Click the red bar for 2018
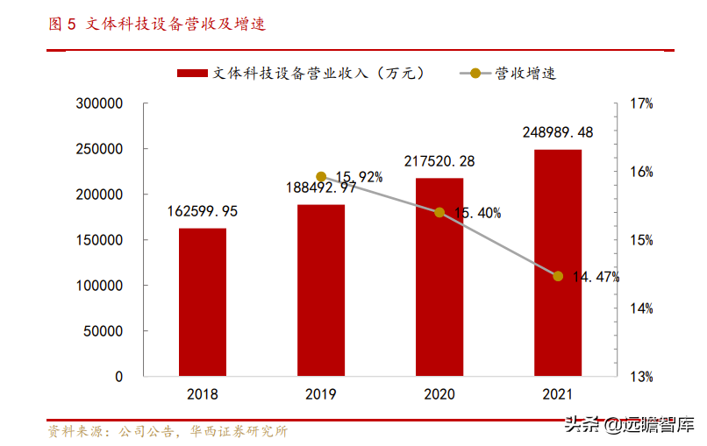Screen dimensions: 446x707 (x=203, y=302)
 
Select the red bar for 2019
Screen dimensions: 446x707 (x=321, y=291)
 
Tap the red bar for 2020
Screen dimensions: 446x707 (x=439, y=277)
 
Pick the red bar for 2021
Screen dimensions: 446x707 (x=558, y=263)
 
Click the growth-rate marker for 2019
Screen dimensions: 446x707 (x=321, y=177)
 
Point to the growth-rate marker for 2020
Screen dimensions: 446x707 (x=439, y=212)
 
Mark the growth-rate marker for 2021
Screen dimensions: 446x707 (x=558, y=276)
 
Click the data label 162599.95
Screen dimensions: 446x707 (x=203, y=211)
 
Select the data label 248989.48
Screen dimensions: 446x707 (x=558, y=132)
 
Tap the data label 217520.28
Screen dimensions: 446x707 (x=439, y=161)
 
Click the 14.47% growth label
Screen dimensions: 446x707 (x=596, y=277)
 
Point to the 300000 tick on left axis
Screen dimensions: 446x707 (x=99, y=103)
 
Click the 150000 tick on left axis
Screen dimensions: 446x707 (x=99, y=240)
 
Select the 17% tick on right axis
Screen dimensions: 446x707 (x=641, y=103)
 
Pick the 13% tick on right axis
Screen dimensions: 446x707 (x=641, y=377)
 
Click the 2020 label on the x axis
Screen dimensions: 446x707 (x=439, y=395)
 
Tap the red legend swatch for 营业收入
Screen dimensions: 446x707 (x=192, y=74)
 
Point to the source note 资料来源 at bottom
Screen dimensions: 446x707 (x=167, y=431)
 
